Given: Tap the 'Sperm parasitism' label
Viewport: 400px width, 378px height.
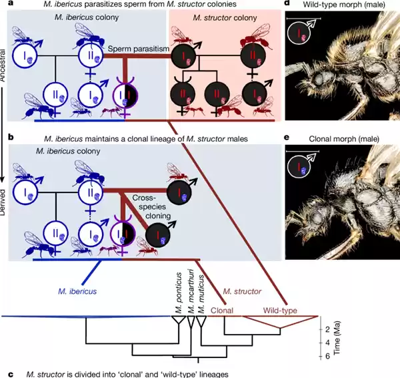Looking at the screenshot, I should [137, 50].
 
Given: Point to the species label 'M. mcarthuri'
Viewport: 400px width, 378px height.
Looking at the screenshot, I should [190, 294].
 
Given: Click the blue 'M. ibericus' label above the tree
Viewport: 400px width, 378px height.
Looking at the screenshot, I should [74, 291].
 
